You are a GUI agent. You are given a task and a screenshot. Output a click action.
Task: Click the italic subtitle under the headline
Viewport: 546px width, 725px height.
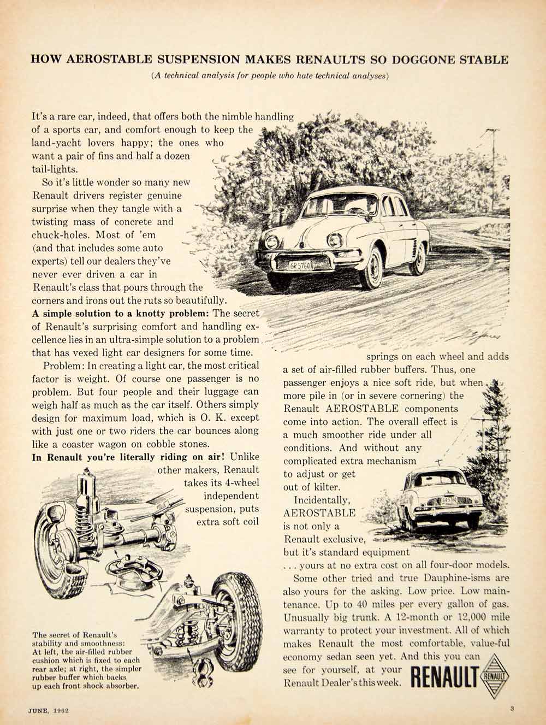pos(270,76)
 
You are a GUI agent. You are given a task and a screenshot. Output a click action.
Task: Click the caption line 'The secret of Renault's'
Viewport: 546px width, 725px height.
pos(75,635)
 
